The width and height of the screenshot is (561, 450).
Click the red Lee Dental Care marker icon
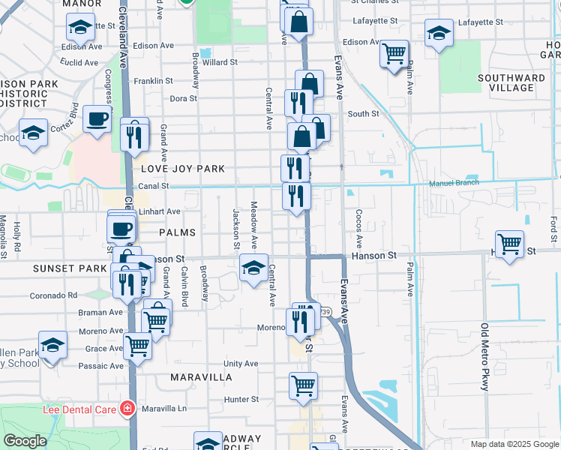pyautogui.click(x=128, y=409)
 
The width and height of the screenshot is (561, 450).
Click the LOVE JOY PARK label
pyautogui.click(x=182, y=169)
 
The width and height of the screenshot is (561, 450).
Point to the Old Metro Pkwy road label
pyautogui.click(x=484, y=357)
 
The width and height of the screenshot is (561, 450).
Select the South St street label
pyautogui.click(x=363, y=114)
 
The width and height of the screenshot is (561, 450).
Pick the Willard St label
pyautogui.click(x=220, y=62)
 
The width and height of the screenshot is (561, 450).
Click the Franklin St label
pyautogui.click(x=153, y=80)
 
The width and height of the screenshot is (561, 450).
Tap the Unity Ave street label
pyautogui.click(x=240, y=364)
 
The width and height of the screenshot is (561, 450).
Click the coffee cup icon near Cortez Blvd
pyautogui.click(x=96, y=118)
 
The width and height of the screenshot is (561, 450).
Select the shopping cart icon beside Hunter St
pyautogui.click(x=303, y=385)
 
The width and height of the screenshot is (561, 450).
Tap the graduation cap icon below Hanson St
pyautogui.click(x=253, y=267)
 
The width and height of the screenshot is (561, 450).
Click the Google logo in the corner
pyautogui.click(x=25, y=441)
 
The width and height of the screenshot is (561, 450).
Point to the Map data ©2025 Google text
pyautogui.click(x=514, y=444)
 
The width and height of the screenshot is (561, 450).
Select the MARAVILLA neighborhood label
pyautogui.click(x=200, y=376)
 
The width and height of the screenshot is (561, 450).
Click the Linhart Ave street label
pyautogui.click(x=160, y=211)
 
